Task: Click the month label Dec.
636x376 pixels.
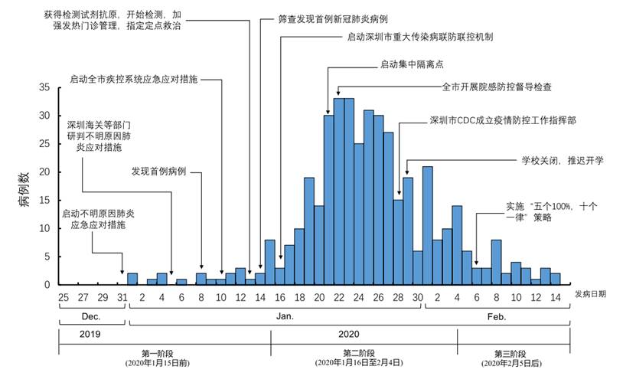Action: click(x=91, y=316)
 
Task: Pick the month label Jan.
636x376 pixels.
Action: click(x=274, y=316)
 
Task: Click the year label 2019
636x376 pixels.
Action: click(x=91, y=334)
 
